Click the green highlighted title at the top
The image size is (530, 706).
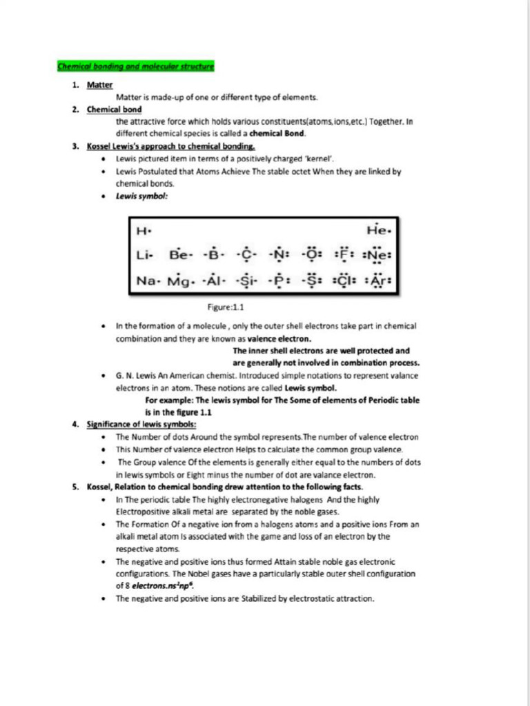click(135, 67)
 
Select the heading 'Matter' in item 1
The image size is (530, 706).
click(99, 85)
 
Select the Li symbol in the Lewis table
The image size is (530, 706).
click(144, 255)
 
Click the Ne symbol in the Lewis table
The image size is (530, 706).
click(377, 255)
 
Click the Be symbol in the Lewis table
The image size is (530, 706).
click(179, 255)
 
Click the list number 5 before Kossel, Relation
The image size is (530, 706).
click(75, 487)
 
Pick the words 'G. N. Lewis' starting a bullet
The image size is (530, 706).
click(139, 376)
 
